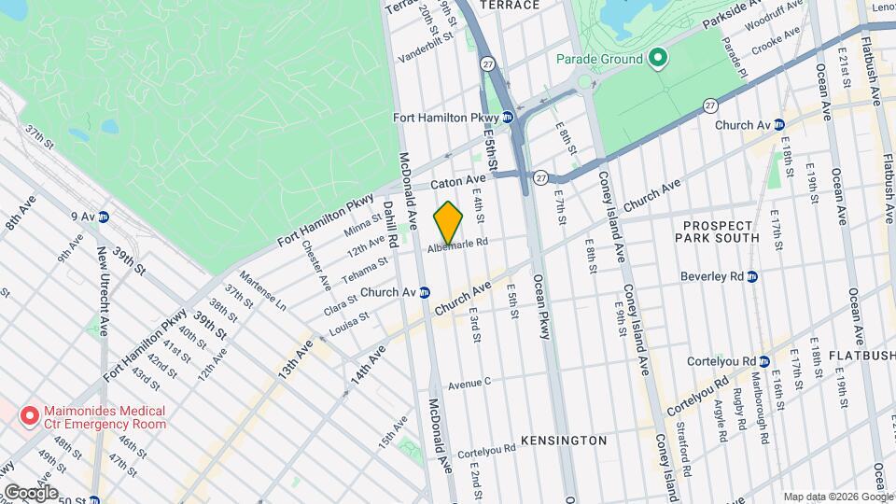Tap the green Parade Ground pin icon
point(658,59)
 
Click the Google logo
point(30,493)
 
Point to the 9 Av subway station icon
point(104,217)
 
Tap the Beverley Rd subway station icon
point(752,277)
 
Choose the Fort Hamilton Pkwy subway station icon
point(507,117)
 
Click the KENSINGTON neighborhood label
point(564,440)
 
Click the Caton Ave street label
point(457,178)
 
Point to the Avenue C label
point(469,383)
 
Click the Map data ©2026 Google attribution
point(836,496)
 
